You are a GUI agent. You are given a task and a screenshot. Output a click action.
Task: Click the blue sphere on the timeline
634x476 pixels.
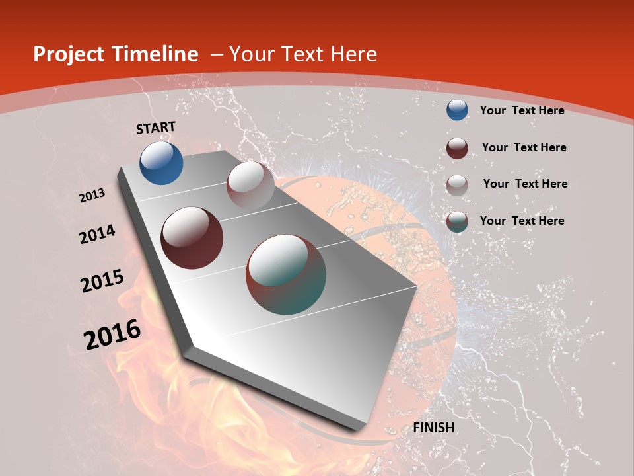tap(161, 163)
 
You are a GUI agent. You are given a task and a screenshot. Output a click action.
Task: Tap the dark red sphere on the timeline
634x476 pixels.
tap(192, 237)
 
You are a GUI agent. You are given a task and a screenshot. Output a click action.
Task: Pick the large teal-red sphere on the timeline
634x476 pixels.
tap(286, 274)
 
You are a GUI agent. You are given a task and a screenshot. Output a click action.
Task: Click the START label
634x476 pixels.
tap(156, 128)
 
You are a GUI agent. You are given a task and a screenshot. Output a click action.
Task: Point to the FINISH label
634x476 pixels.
tap(434, 428)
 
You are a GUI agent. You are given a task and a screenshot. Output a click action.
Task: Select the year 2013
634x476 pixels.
tap(92, 196)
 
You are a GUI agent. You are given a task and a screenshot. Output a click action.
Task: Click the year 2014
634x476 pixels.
tap(98, 234)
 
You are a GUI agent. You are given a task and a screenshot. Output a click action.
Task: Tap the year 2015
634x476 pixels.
tap(102, 281)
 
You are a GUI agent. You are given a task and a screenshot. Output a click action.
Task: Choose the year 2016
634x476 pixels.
tap(112, 335)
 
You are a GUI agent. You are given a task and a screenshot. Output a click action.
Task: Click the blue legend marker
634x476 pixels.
tap(457, 110)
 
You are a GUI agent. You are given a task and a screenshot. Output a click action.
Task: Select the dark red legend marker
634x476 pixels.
tap(457, 147)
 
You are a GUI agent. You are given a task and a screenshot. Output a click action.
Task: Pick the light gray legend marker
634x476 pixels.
tap(457, 184)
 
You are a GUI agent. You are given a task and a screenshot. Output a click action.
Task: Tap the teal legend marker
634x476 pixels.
tap(457, 221)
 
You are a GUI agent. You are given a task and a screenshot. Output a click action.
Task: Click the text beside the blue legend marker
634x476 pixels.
tap(522, 110)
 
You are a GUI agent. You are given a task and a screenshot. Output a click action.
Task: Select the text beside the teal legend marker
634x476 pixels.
tap(522, 221)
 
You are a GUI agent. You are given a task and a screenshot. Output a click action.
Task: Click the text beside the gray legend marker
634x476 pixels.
tap(525, 184)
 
